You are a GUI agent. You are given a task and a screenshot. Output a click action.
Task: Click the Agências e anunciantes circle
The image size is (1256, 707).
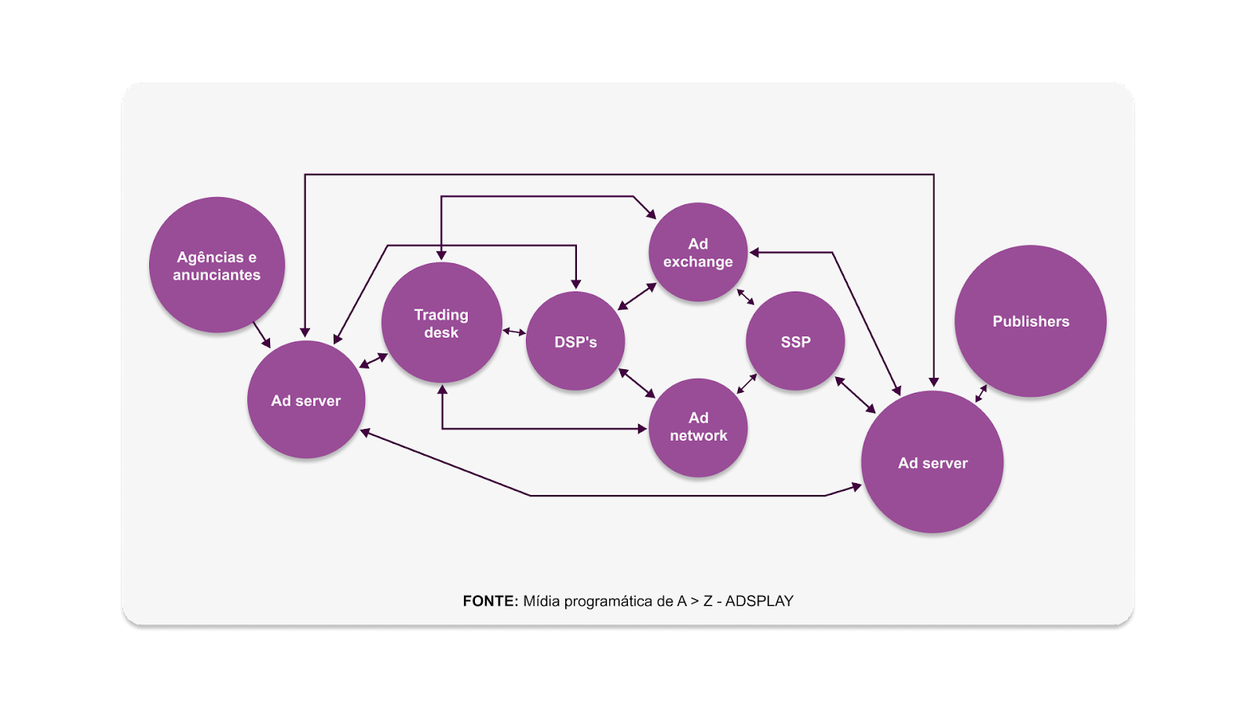[217, 265]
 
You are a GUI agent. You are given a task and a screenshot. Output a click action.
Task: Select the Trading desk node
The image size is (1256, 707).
[441, 323]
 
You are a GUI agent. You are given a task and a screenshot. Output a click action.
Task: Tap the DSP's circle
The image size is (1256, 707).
[575, 342]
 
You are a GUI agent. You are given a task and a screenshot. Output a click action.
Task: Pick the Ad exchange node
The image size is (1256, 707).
[698, 252]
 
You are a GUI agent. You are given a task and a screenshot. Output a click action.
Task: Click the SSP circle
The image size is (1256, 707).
[795, 342]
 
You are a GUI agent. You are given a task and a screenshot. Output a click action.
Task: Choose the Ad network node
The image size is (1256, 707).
[698, 427]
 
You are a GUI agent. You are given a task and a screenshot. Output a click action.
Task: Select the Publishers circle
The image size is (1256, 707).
[1030, 321]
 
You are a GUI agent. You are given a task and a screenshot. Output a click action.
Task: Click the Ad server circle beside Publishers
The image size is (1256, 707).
[933, 463]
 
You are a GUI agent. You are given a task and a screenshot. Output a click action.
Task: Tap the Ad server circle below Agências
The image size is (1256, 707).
[306, 400]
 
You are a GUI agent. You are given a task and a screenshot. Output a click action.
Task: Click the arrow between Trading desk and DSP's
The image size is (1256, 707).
[514, 332]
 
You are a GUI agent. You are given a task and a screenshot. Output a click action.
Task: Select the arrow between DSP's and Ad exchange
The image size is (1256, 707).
[637, 296]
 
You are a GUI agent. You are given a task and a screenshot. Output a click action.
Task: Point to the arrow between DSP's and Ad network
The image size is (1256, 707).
[637, 383]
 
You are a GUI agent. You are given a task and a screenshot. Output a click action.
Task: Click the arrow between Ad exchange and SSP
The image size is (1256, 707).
[745, 297]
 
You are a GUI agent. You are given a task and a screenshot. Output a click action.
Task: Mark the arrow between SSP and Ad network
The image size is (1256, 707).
[747, 384]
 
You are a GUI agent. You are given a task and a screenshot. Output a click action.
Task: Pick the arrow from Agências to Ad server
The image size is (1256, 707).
[262, 335]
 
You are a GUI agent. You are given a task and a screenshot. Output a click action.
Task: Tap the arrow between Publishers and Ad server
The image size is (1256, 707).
[981, 393]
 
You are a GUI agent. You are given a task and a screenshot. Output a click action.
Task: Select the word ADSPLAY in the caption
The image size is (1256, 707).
[759, 601]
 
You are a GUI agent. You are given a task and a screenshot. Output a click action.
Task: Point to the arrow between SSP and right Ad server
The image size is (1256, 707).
[855, 394]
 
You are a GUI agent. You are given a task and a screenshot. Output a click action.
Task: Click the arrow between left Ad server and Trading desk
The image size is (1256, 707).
[374, 361]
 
